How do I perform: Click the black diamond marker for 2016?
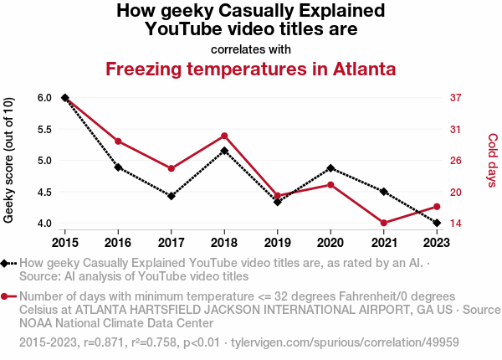118,167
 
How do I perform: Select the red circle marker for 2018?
224,136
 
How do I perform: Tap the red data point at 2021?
384,223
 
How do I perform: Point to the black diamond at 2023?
437,223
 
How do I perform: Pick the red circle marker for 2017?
172,168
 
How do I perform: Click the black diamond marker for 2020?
330,168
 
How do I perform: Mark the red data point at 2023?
437,206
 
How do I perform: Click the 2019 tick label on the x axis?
278,243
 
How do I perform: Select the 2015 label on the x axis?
65,243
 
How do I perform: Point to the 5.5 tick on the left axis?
44,129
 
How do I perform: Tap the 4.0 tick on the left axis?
44,224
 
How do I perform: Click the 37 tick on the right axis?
455,98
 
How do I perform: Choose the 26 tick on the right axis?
455,161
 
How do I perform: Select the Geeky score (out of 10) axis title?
9,161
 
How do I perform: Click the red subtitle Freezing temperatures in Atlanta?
250,69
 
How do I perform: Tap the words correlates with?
251,49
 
